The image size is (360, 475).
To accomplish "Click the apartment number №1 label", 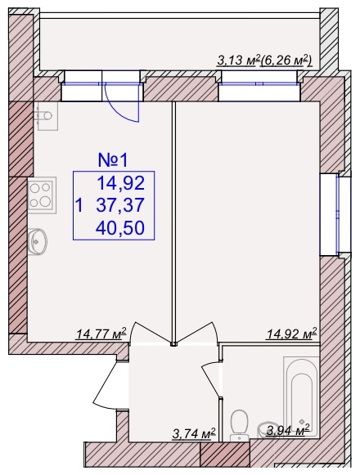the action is coord(114,160).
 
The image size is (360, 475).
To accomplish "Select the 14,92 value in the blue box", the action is coord(120,183).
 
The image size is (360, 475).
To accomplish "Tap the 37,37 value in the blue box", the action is coord(120,205).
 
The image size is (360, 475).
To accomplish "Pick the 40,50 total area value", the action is coord(120,227).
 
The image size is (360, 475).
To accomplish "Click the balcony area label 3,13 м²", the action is coord(238,60).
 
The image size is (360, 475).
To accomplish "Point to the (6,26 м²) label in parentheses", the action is coord(286,60).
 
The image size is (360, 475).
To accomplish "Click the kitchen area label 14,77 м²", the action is coord(101,334).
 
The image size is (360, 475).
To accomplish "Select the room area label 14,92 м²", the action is coord(291,334).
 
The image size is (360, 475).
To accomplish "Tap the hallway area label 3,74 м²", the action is coord(194,433).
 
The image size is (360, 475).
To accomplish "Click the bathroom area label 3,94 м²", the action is coord(288,430).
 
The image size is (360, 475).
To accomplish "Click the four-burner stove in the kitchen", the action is coord(43,195).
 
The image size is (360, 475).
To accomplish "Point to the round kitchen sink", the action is coord(38,241).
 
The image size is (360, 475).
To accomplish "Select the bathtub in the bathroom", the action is coord(301,397).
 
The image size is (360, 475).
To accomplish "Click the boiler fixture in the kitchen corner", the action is coord(46,116).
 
